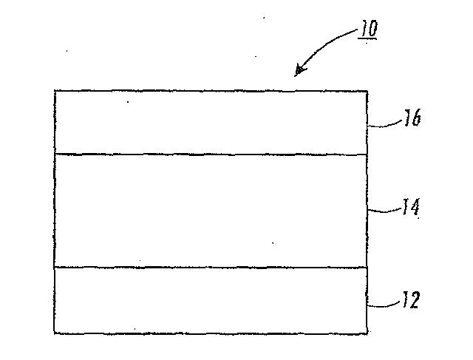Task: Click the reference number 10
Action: coord(367,30)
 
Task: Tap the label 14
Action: coord(411,207)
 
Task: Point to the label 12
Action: coord(410,299)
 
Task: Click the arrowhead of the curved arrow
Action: coord(299,72)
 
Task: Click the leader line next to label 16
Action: coord(384,126)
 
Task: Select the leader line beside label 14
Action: coord(384,211)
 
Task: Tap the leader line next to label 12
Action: coord(383,303)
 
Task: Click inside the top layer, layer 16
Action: coord(211,122)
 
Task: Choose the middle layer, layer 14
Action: coord(211,211)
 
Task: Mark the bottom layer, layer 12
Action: coord(211,299)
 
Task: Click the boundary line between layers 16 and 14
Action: coord(211,154)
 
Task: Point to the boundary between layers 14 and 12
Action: coord(211,267)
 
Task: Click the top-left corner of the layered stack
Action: coord(55,91)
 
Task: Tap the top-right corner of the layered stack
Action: coord(367,91)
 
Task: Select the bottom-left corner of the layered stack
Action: coord(55,333)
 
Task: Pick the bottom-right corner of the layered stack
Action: coord(367,333)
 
